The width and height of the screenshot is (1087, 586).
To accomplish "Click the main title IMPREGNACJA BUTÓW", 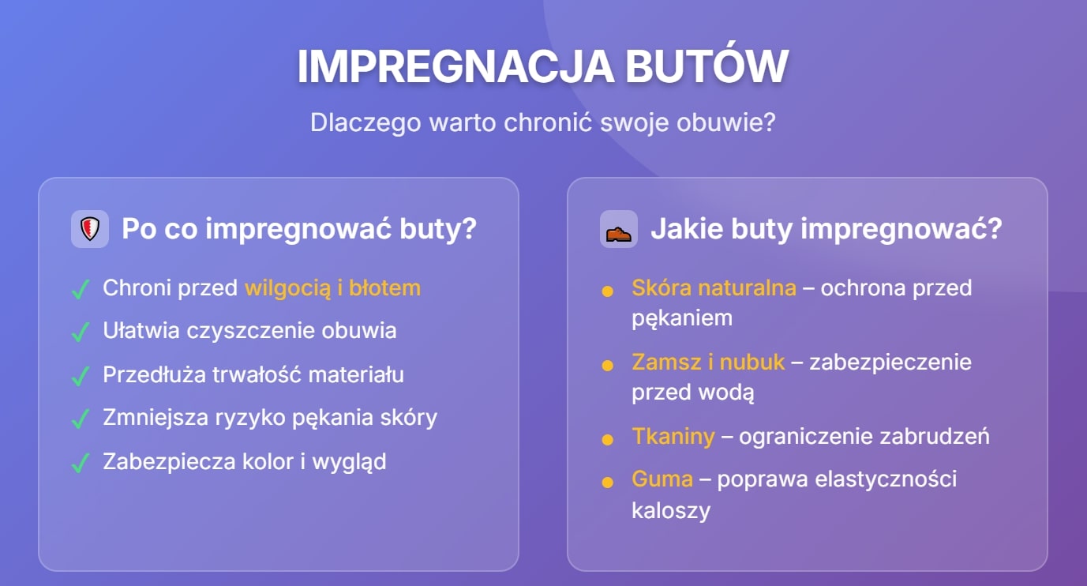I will tap(542, 66).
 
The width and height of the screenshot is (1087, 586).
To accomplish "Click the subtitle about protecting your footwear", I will tap(542, 122).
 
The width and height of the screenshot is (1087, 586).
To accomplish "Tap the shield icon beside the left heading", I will tap(89, 229).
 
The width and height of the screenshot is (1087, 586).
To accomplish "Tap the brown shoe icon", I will tap(618, 230).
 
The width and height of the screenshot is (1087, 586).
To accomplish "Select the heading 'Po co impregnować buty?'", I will tap(299, 229).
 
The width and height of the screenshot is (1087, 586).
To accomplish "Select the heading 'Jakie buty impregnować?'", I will tap(826, 229).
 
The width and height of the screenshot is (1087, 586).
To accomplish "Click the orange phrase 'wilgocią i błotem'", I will tap(332, 288).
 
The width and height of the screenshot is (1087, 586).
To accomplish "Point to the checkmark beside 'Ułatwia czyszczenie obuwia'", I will tap(80, 332).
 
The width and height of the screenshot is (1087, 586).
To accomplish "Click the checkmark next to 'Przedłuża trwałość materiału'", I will tap(80, 376).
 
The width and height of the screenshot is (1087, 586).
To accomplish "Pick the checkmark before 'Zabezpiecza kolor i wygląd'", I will tap(80, 463).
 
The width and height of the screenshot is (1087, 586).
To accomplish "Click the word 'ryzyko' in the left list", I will tap(247, 418).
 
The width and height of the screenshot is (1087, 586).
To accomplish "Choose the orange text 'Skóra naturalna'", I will tap(714, 287).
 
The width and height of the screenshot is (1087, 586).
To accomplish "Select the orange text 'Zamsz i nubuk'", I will tap(708, 362).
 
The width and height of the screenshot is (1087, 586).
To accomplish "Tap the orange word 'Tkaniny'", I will tap(673, 436).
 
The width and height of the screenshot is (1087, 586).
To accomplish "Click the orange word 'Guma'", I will tap(662, 479).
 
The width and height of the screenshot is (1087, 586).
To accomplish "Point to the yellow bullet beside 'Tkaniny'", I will tap(607, 439).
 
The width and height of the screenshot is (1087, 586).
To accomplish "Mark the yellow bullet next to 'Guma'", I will tap(607, 482).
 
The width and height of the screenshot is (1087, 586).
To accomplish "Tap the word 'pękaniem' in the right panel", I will tap(682, 318).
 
